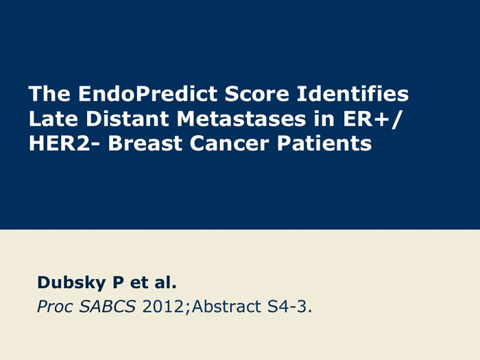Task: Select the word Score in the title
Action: pyautogui.click(x=257, y=93)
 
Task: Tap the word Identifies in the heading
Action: pyautogui.click(x=352, y=93)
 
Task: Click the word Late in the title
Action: pyautogui.click(x=53, y=119)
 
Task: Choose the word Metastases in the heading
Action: pyautogui.click(x=241, y=119)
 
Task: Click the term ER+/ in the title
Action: pyautogui.click(x=372, y=119)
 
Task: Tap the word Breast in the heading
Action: pyautogui.click(x=145, y=143)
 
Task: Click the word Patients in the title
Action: pyautogui.click(x=324, y=143)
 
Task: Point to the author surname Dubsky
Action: pyautogui.click(x=71, y=283)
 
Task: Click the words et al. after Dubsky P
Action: pyautogui.click(x=154, y=283)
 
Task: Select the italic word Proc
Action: pyautogui.click(x=55, y=307)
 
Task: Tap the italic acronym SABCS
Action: pyautogui.click(x=108, y=307)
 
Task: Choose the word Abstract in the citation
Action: pyautogui.click(x=227, y=307)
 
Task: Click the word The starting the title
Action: pyautogui.click(x=49, y=93)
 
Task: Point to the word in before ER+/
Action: pyautogui.click(x=324, y=119)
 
